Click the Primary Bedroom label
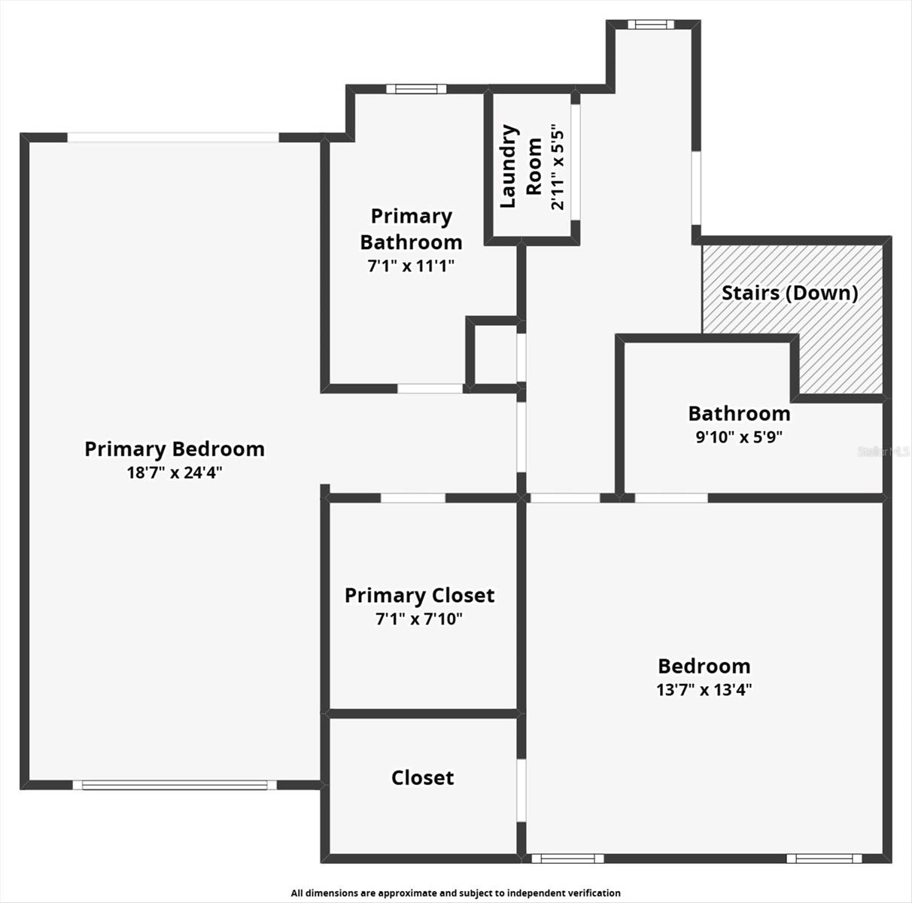click(x=174, y=449)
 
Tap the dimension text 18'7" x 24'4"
click(x=174, y=473)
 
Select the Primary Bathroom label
click(x=411, y=229)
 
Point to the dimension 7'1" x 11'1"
click(x=411, y=266)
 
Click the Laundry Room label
click(x=521, y=166)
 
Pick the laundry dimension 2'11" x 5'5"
click(x=558, y=166)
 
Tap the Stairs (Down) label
click(x=789, y=293)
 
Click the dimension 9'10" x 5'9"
click(x=739, y=437)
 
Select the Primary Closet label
click(x=419, y=596)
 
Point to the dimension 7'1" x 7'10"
click(x=419, y=619)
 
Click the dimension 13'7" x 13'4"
click(x=704, y=690)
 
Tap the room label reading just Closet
click(x=422, y=777)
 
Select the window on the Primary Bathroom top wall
click(x=416, y=89)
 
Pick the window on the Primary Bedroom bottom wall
click(x=175, y=785)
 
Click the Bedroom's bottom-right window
click(x=824, y=858)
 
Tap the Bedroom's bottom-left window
click(x=567, y=858)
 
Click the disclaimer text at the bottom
click(x=456, y=893)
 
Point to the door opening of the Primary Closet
click(x=412, y=497)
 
